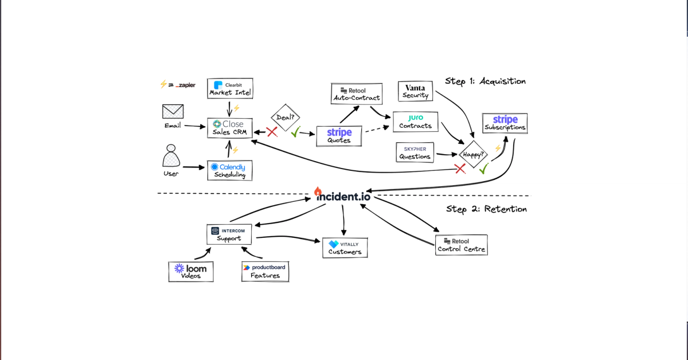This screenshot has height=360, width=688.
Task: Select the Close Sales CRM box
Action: tap(229, 128)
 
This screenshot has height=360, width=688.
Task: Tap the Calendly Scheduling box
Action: tap(229, 170)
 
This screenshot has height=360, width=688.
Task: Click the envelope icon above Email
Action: tap(173, 111)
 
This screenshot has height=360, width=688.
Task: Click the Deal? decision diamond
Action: tap(286, 118)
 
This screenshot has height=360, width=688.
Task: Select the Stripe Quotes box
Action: tap(339, 136)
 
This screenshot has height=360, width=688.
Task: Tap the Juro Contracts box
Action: tap(416, 122)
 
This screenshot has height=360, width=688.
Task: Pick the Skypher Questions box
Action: tap(415, 152)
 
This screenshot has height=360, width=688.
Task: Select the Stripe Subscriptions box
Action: tap(505, 123)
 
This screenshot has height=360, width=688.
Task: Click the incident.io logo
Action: tap(343, 195)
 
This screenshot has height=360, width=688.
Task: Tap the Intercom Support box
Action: tap(229, 234)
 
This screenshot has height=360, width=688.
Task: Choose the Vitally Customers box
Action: tap(344, 248)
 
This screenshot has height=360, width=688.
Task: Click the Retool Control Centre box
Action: tap(461, 245)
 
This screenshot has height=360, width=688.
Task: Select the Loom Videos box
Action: tap(191, 271)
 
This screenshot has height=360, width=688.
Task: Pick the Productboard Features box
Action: tap(265, 271)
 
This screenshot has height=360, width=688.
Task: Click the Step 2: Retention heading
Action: tap(486, 209)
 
